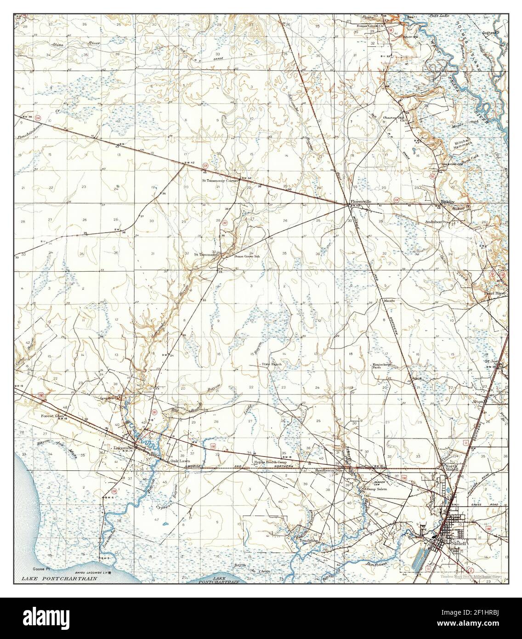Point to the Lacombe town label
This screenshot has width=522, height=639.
tap(123, 447)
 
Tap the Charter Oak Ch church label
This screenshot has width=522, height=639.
tap(394, 118)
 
